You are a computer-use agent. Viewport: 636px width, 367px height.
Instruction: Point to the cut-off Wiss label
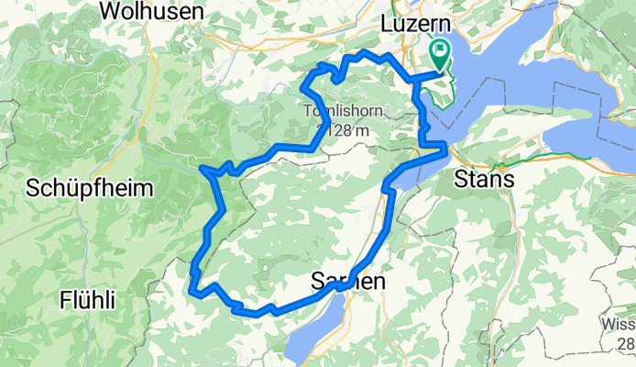pyautogui.click(x=619, y=324)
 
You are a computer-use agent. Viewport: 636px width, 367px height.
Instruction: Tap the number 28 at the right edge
pyautogui.click(x=626, y=343)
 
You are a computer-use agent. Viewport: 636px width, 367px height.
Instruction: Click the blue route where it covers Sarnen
pyautogui.click(x=341, y=285)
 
